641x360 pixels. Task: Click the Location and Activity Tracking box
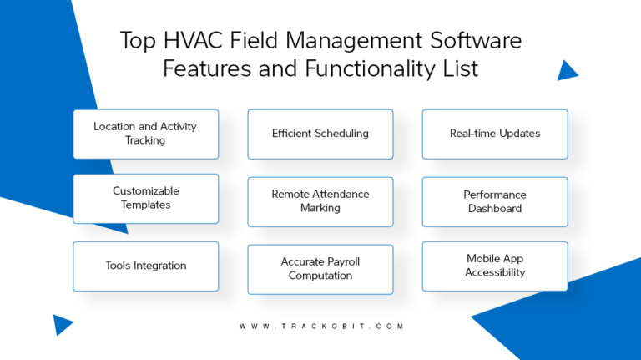pos(145,134)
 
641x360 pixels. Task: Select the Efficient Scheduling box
pos(320,134)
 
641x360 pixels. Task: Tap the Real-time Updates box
pos(494,134)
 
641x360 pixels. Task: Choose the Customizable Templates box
pos(145,198)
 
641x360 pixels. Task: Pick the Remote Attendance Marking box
pos(320,201)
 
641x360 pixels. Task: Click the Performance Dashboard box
pos(494,201)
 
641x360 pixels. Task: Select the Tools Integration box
pos(145,266)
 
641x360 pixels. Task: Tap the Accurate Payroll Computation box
pos(320,269)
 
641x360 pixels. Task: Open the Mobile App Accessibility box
pos(494,266)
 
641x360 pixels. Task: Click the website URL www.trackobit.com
pos(320,327)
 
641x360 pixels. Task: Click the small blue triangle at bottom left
pos(63,324)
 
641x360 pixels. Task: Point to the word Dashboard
pos(495,208)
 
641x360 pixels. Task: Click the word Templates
pos(145,205)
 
